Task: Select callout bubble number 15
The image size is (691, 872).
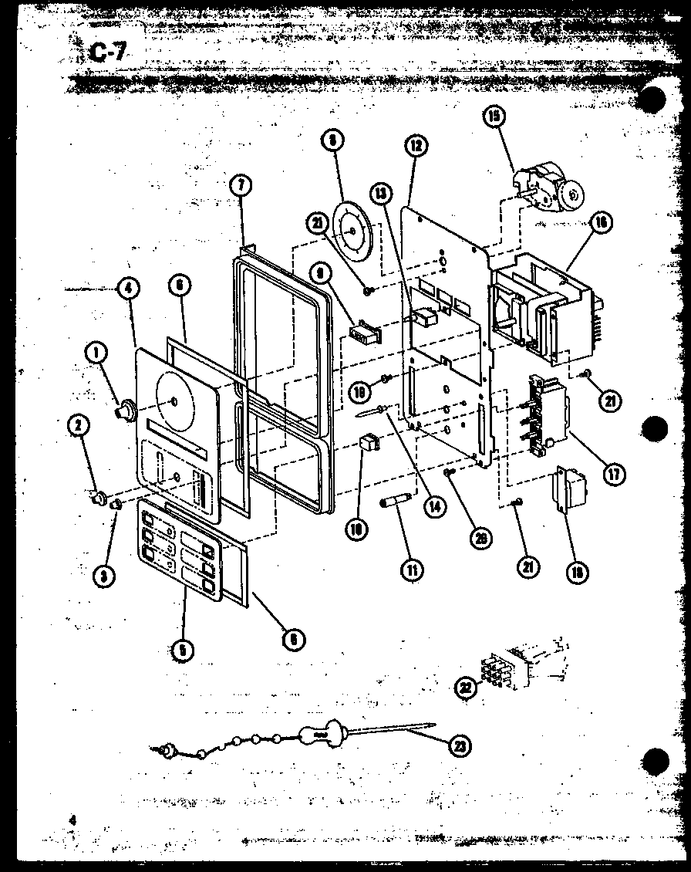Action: (x=493, y=117)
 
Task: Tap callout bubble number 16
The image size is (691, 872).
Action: (x=598, y=223)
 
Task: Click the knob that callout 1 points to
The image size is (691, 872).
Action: (x=123, y=411)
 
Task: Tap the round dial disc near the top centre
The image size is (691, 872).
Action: (x=350, y=228)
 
